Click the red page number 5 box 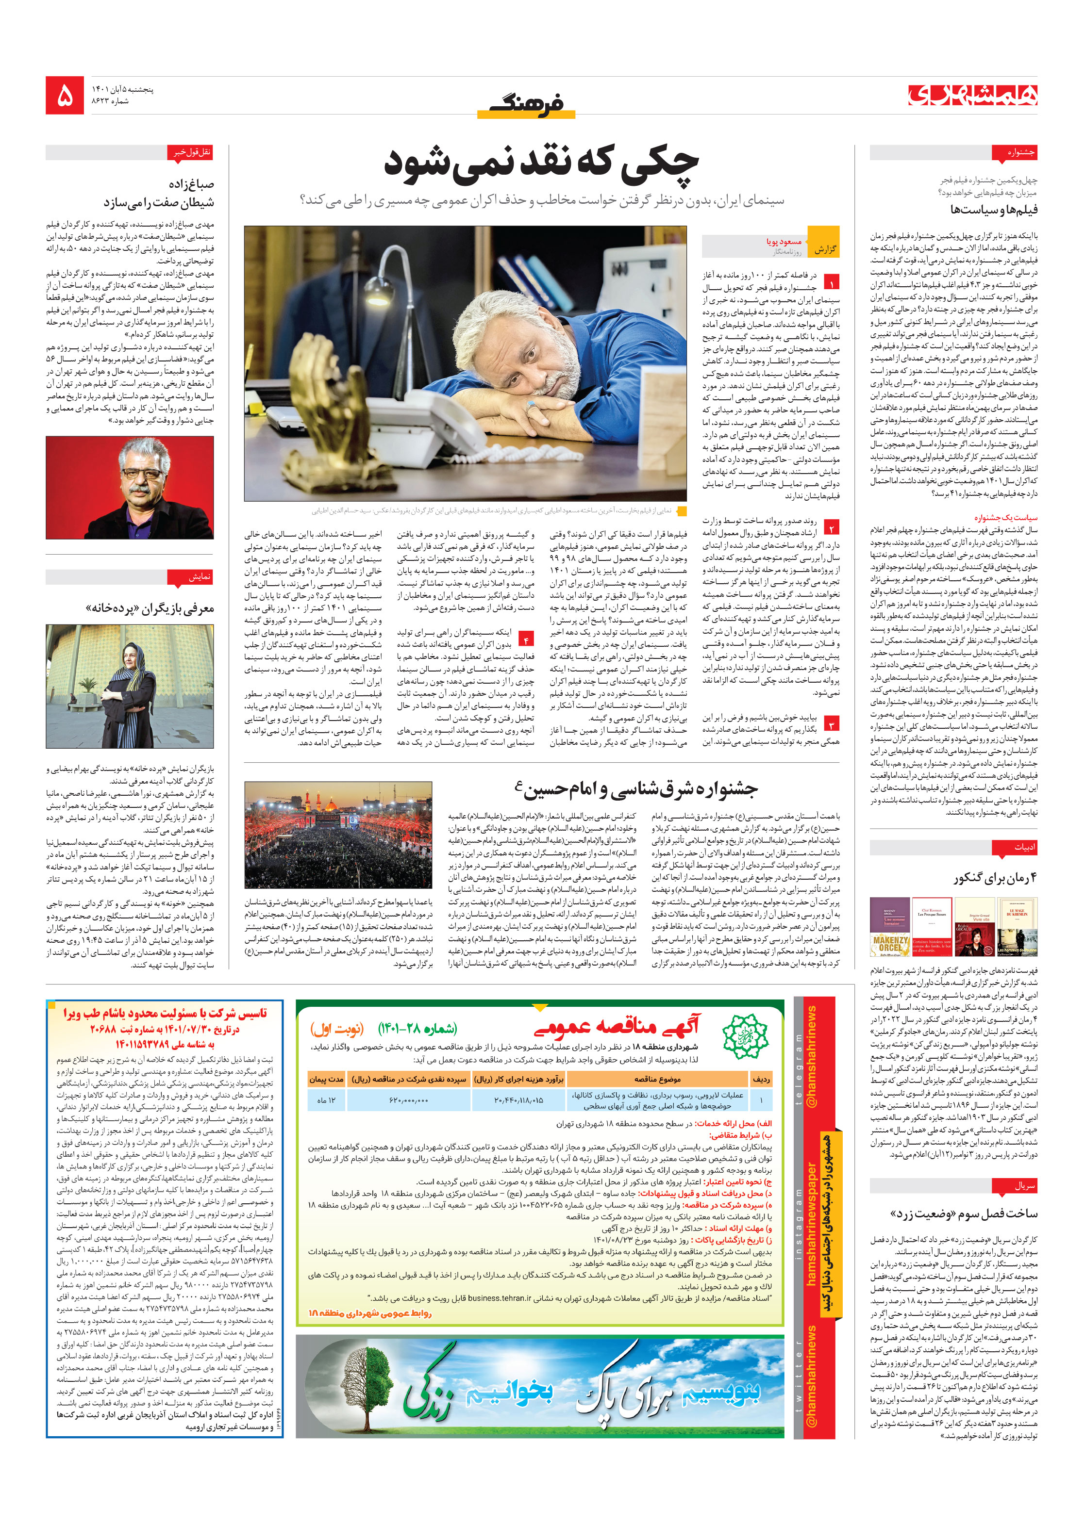[65, 96]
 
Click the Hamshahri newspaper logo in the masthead [972, 96]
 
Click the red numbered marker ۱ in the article [831, 281]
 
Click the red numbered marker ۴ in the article [526, 640]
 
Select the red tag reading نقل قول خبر [191, 153]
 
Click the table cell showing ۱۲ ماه [326, 1100]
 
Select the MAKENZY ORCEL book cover [889, 928]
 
